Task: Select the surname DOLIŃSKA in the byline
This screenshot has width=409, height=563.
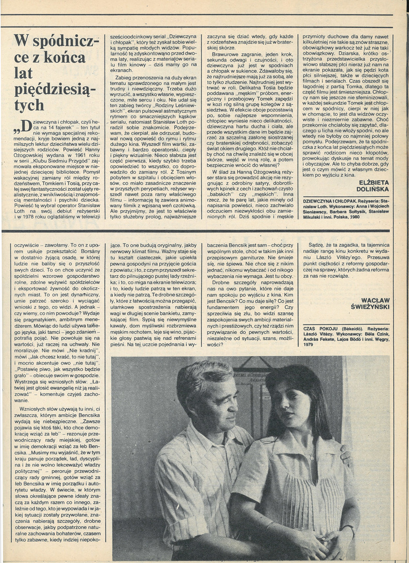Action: (x=375, y=190)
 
